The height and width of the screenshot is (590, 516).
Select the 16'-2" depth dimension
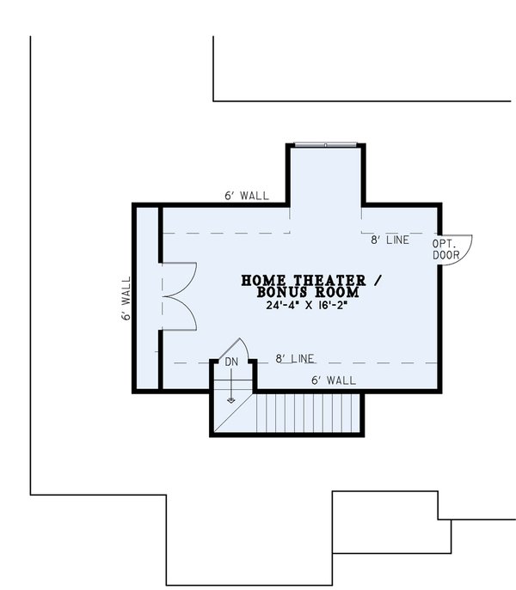337,305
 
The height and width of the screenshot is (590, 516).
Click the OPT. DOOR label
445,248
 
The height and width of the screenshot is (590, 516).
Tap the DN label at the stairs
231,362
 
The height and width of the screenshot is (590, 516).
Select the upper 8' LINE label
390,240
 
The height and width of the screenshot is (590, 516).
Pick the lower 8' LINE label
295,358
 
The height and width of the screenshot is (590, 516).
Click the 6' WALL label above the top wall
246,196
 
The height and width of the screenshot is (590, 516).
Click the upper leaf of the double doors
181,277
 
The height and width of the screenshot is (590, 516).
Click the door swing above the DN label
234,347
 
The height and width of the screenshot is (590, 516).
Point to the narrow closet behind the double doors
148,297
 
